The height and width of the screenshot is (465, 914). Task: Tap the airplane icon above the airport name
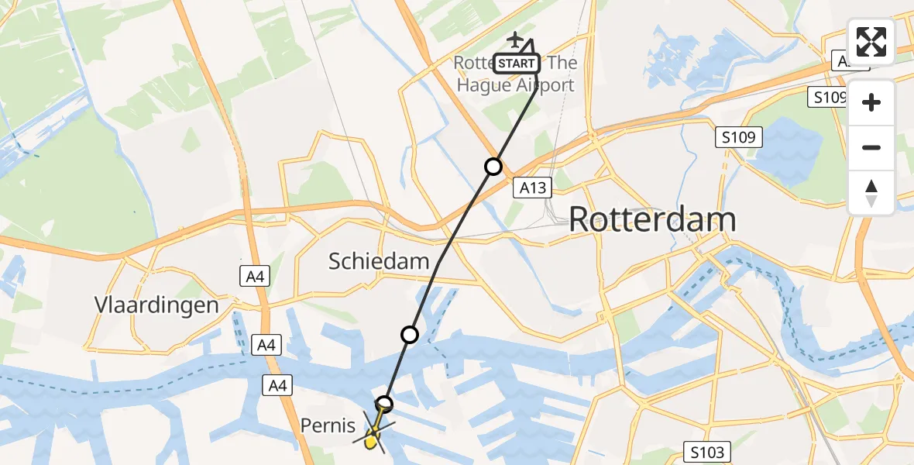tap(515, 39)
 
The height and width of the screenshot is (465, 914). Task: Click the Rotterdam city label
tap(652, 220)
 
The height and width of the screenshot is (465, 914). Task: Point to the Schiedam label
tap(379, 261)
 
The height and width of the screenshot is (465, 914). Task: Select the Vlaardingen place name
tap(156, 305)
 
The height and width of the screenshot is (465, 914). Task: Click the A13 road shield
tap(533, 188)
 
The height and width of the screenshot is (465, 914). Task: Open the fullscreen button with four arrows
tap(871, 42)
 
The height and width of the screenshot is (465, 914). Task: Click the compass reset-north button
tap(871, 192)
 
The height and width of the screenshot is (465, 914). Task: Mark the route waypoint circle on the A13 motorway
tap(493, 166)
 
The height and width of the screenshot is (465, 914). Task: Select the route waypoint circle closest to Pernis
tap(384, 404)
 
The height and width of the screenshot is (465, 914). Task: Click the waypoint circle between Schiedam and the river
tap(410, 335)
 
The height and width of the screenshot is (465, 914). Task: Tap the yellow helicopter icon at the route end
tap(373, 439)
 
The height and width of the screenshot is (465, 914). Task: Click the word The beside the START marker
tap(562, 63)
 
